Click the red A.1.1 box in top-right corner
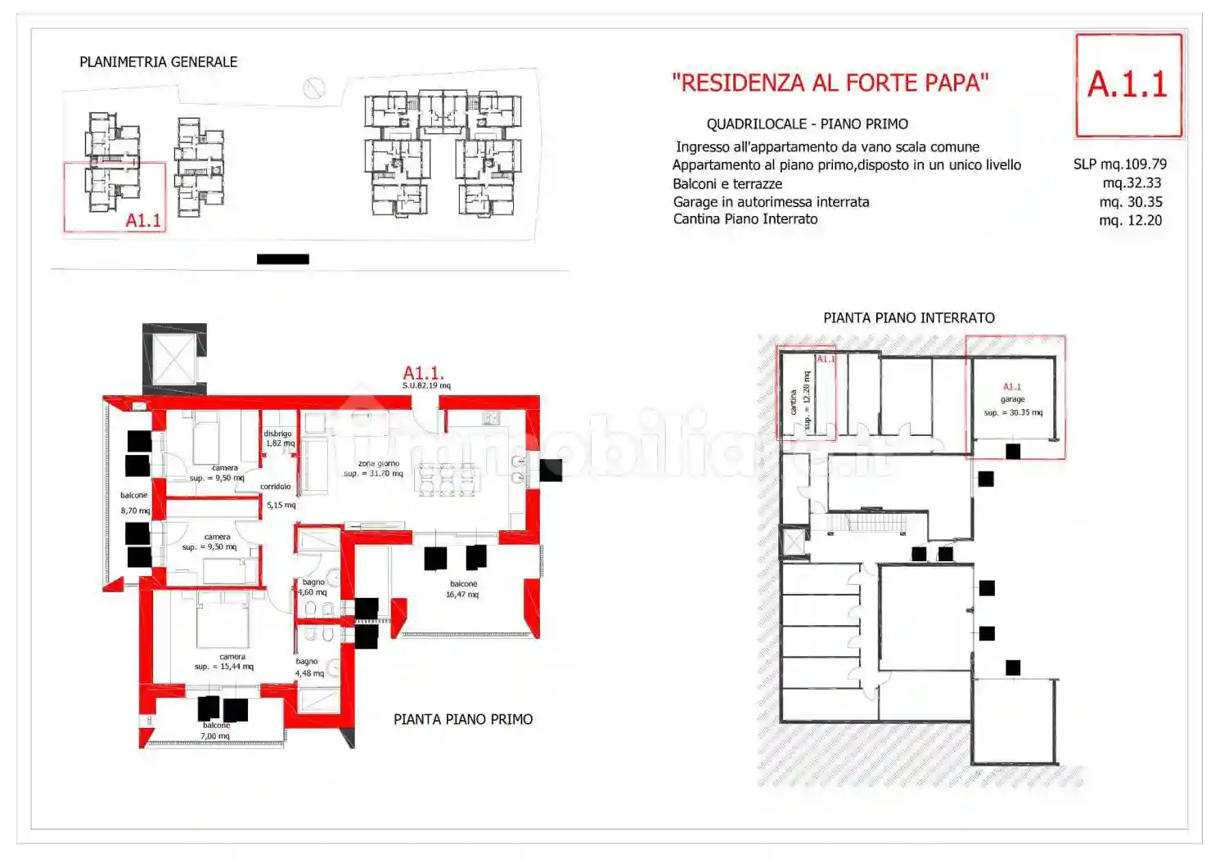(x=1127, y=85)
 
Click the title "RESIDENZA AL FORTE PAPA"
(x=830, y=83)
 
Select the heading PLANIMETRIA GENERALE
(x=158, y=62)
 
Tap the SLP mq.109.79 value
(x=1119, y=164)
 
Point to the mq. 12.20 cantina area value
(x=1130, y=220)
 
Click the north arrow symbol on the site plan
(x=314, y=88)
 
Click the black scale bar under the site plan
(x=282, y=259)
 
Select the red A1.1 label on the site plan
(x=143, y=220)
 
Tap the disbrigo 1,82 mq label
(x=279, y=438)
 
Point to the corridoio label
(x=276, y=487)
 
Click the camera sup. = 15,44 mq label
(x=225, y=662)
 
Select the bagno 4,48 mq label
(x=309, y=668)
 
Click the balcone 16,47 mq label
(x=462, y=589)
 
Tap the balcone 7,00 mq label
(x=216, y=731)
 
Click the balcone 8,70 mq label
(x=134, y=502)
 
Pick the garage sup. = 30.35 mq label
(x=1012, y=406)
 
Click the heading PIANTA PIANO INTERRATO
(x=908, y=318)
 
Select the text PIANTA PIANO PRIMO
(x=462, y=719)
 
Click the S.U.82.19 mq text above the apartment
(x=425, y=385)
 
